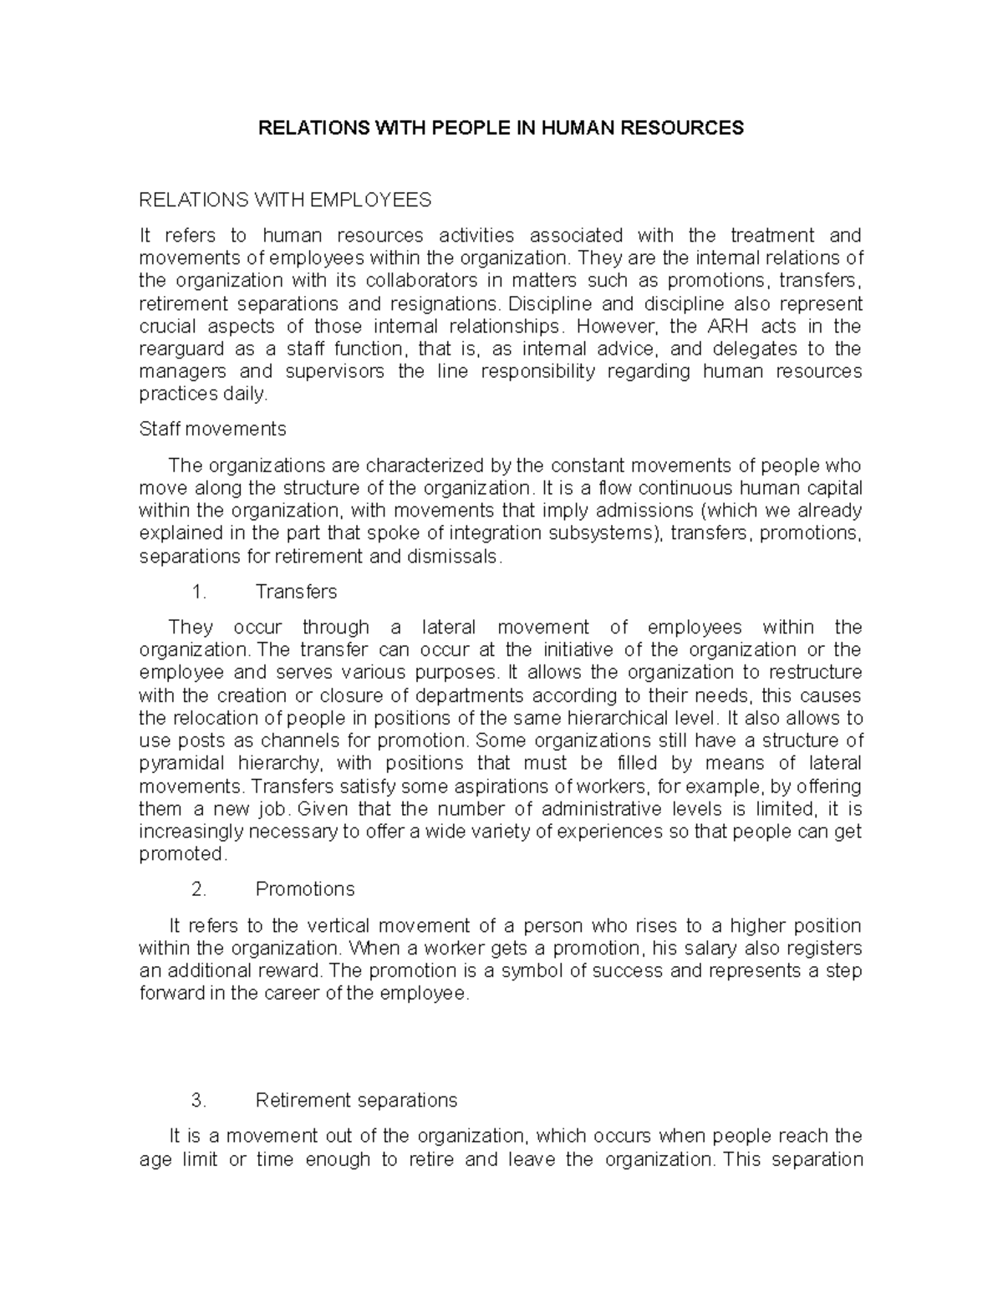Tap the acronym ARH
[x=710, y=326]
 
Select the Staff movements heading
[x=212, y=429]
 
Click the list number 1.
[x=198, y=592]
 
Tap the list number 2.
[x=198, y=889]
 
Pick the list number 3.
[x=198, y=1100]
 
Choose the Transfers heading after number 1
[x=296, y=592]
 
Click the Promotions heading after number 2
[x=305, y=889]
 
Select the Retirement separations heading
[x=356, y=1100]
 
